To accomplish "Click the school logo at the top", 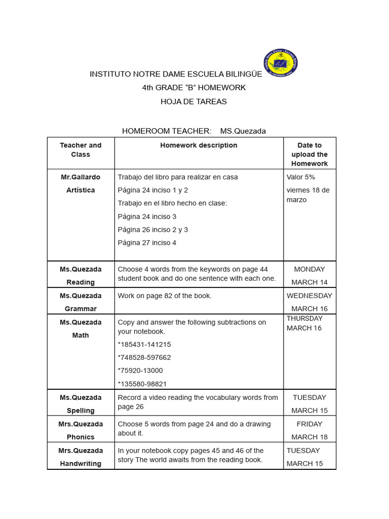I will click(x=281, y=64).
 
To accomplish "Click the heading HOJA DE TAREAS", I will click(x=193, y=101).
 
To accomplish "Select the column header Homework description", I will click(x=199, y=145).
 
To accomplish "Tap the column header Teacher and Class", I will click(x=81, y=150).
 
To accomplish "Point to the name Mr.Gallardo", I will click(x=81, y=177).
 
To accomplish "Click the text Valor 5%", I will click(x=300, y=177).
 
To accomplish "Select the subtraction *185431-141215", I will click(x=144, y=344).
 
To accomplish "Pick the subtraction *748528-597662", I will click(x=144, y=357).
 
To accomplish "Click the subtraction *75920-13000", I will click(x=140, y=370).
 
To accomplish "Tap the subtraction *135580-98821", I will click(x=142, y=384).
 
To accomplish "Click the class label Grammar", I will click(x=81, y=309).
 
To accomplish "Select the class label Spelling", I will click(x=81, y=411).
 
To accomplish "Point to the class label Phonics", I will click(x=81, y=437).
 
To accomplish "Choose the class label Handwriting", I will click(x=81, y=463).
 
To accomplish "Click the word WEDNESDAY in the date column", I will click(x=309, y=295).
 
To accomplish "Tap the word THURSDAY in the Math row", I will click(x=304, y=318).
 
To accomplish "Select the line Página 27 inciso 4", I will click(x=147, y=243).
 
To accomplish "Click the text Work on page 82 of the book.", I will click(x=165, y=295).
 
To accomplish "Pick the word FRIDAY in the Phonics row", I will click(x=309, y=424).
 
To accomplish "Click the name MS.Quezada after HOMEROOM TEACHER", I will click(x=243, y=131).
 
